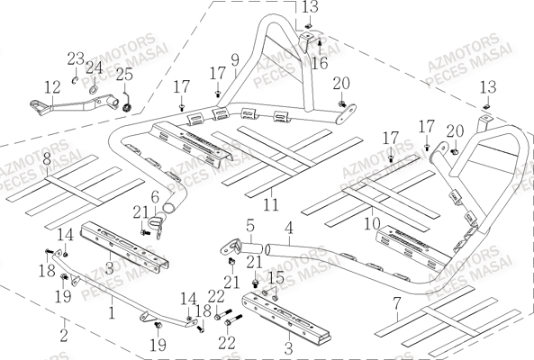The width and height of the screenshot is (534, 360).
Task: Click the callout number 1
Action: point(111,314)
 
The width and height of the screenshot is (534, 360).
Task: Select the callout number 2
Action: point(64,335)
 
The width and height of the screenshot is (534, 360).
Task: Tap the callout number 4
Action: point(289,228)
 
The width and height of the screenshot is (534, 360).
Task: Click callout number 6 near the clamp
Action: point(155,196)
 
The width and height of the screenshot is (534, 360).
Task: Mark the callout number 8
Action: point(46,158)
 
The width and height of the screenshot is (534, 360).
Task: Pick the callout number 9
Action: point(234,60)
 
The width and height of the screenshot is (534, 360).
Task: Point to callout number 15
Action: point(276,276)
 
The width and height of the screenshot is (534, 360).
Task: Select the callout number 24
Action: point(95,67)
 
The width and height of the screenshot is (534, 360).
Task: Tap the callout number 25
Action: point(124,75)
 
